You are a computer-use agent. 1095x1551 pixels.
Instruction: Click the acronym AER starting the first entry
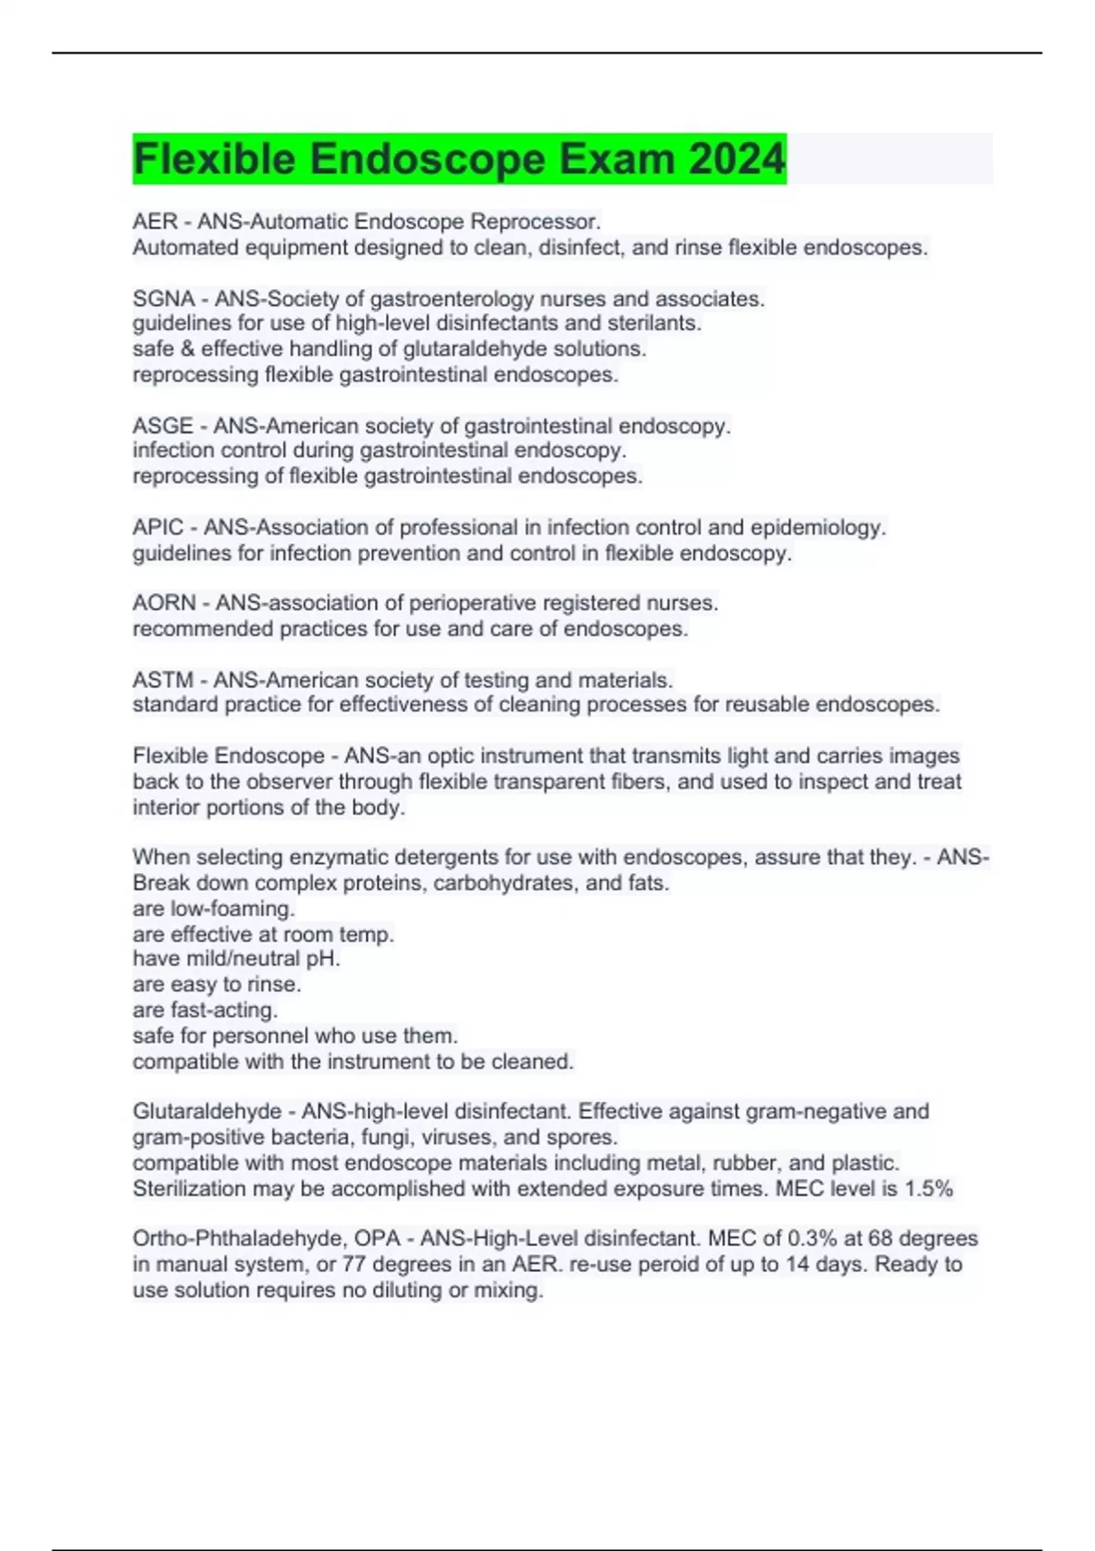(x=155, y=222)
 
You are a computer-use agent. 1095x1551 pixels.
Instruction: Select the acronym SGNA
(x=163, y=299)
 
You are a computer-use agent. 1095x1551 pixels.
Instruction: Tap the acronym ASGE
(x=162, y=426)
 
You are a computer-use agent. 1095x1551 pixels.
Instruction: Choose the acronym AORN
(x=164, y=603)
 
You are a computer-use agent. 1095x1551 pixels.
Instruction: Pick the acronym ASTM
(x=162, y=681)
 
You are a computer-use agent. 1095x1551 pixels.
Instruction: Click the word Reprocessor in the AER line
(x=546, y=222)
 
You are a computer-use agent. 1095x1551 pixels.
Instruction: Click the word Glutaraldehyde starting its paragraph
(x=207, y=1111)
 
